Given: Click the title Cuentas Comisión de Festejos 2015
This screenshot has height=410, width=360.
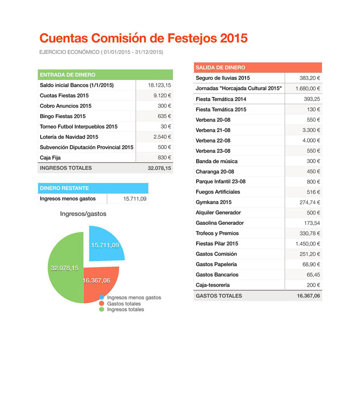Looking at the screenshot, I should [x=144, y=38].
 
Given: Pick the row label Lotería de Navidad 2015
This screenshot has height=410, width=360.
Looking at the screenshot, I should [x=69, y=137].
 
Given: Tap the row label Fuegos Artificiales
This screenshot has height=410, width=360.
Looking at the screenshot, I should [x=218, y=192].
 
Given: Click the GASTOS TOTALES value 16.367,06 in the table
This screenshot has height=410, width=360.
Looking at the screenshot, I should [x=308, y=296].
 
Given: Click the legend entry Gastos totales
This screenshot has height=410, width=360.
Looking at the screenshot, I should [x=124, y=303].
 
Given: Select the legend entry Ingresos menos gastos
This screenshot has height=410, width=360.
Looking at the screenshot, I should [x=134, y=298].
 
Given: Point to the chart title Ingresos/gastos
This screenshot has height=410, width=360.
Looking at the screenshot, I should [x=83, y=214].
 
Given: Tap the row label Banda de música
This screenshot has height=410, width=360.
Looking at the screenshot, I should [x=216, y=161].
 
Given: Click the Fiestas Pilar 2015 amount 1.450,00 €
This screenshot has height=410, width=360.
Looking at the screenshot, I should [x=308, y=244].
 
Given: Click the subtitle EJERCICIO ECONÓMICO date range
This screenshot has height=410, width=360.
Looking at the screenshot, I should [x=101, y=52].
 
